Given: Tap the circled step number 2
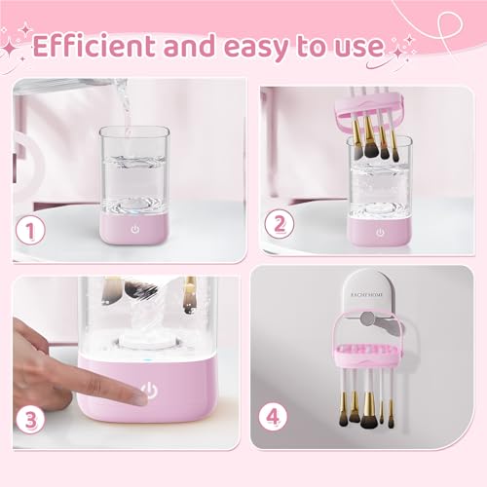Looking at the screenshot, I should click(x=281, y=224).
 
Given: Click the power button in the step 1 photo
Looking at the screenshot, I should click(x=134, y=229).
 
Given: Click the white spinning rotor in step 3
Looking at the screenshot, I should click(x=146, y=346).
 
